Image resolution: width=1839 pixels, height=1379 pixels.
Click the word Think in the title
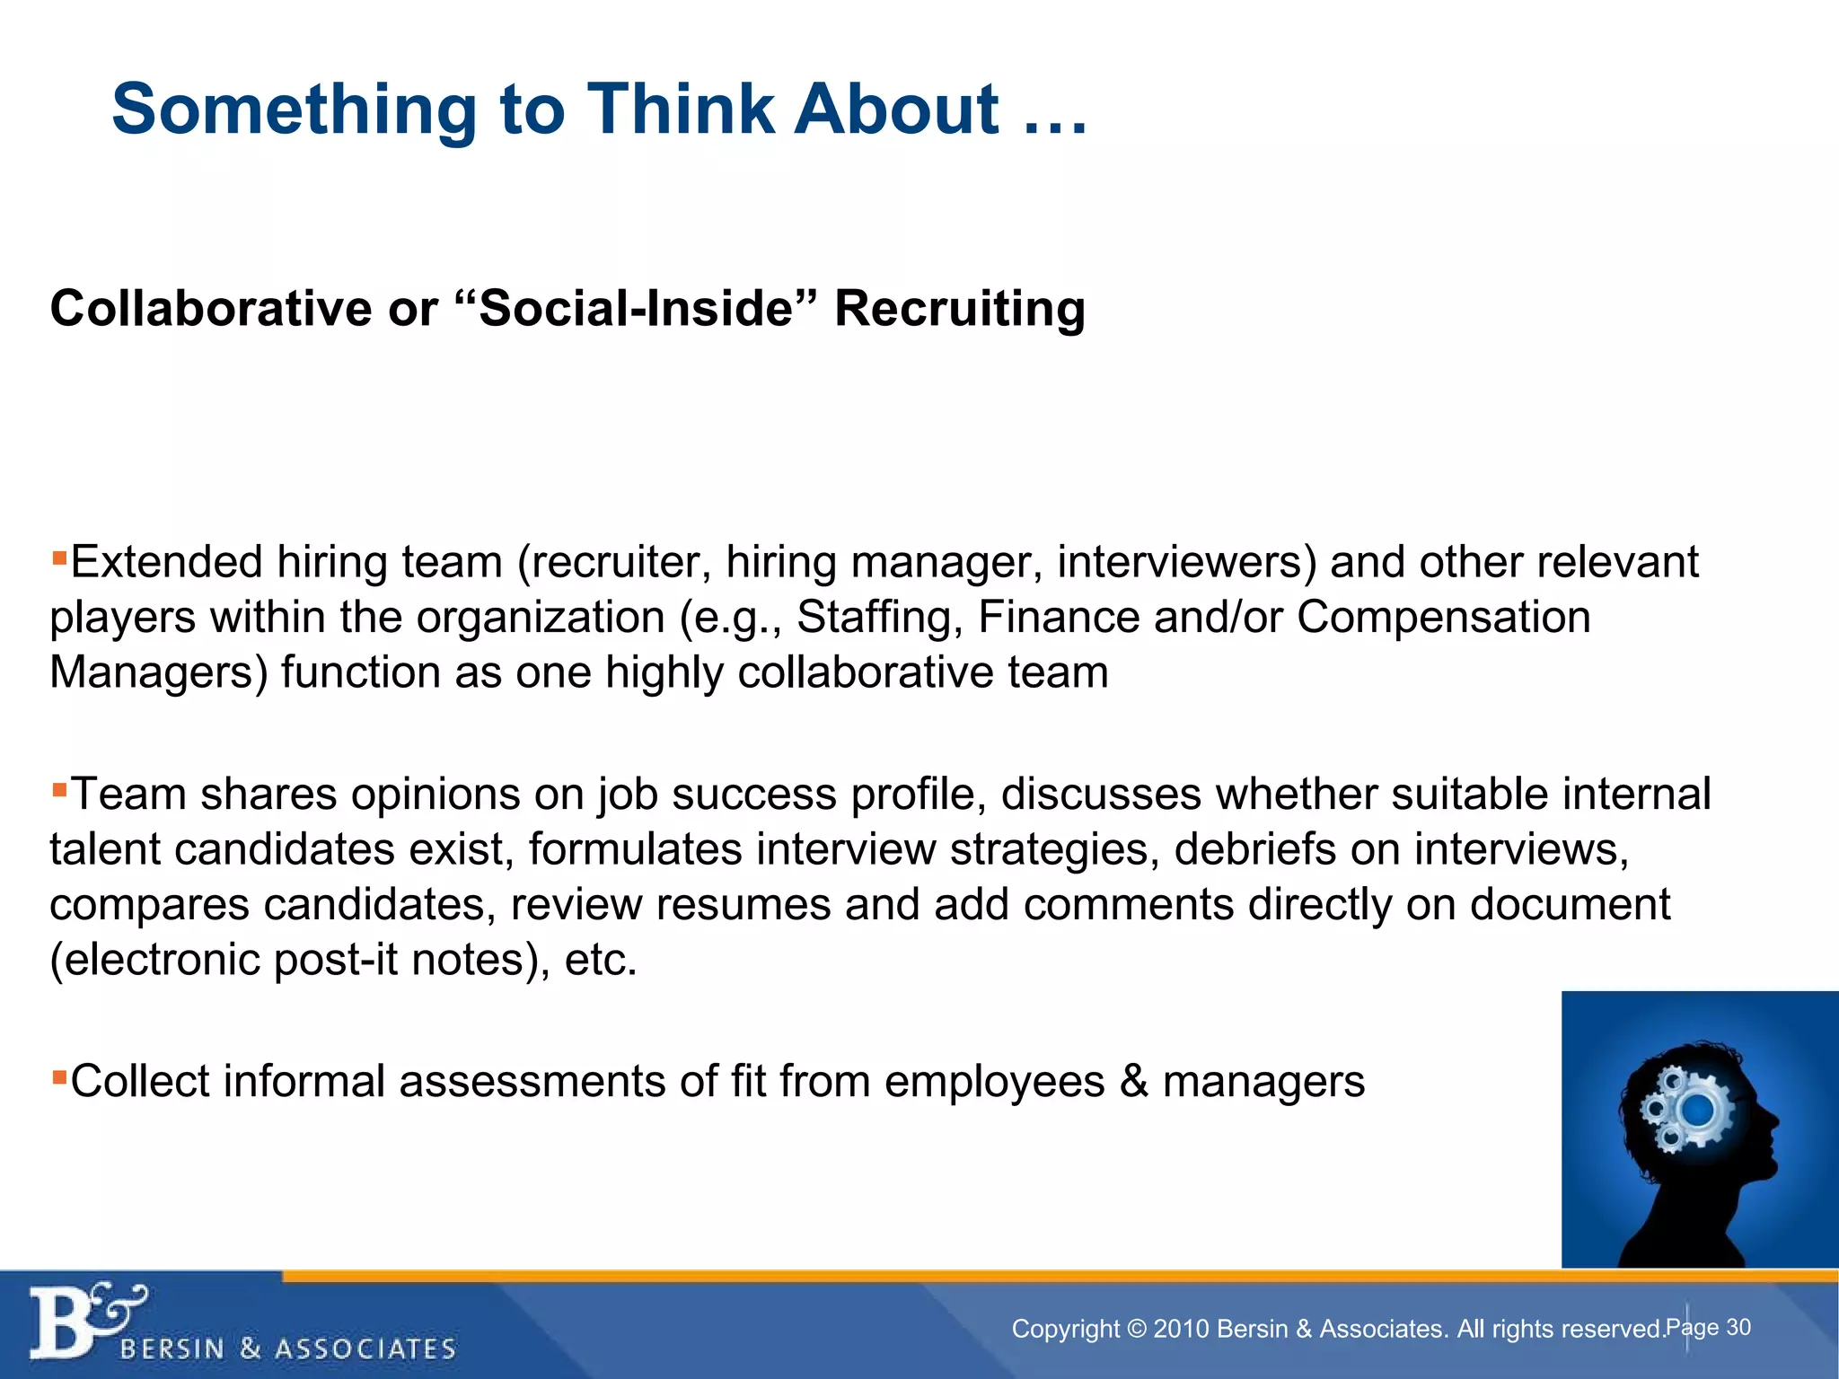click(x=681, y=109)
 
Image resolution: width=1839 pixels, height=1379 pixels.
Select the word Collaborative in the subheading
click(x=210, y=309)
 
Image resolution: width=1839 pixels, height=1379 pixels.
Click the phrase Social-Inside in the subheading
click(x=636, y=309)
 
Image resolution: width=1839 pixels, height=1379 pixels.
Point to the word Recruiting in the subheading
click(x=959, y=311)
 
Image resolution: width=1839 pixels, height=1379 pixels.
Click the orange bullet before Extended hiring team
click(x=59, y=558)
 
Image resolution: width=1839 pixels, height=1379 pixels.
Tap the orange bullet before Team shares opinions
click(x=59, y=791)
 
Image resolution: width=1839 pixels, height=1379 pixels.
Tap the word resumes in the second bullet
click(x=744, y=904)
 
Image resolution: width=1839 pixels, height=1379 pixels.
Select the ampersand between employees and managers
click(x=1133, y=1081)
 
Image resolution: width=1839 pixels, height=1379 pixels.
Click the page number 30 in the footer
click(x=1738, y=1327)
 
